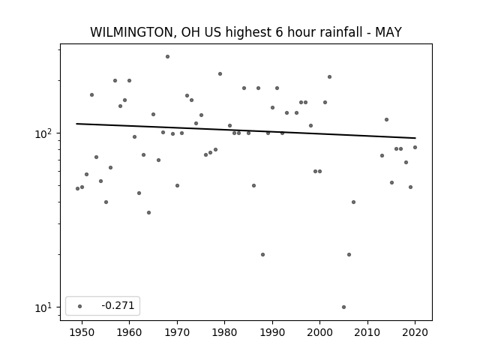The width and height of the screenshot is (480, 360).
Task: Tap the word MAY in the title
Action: click(x=388, y=32)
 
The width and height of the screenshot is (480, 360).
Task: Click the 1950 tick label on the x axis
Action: click(x=82, y=332)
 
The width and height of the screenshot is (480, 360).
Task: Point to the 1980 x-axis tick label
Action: click(x=224, y=332)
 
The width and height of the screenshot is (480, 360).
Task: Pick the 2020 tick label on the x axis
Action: click(x=415, y=332)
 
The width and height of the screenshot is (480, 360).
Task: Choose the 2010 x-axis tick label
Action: click(x=367, y=332)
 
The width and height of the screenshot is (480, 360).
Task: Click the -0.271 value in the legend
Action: click(x=118, y=305)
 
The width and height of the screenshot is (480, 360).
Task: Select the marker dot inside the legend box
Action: click(x=80, y=306)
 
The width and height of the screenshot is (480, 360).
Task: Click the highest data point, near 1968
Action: click(x=167, y=57)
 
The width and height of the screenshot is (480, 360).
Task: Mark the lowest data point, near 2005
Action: click(x=343, y=307)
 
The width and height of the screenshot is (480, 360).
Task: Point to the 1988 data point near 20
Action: click(x=262, y=255)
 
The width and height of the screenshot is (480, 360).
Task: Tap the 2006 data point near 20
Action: click(x=349, y=255)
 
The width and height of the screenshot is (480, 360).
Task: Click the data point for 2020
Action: click(x=415, y=147)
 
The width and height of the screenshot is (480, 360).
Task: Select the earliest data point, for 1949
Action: click(x=77, y=188)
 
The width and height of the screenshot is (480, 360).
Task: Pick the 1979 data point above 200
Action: click(x=220, y=73)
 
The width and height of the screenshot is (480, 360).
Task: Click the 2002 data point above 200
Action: click(x=329, y=76)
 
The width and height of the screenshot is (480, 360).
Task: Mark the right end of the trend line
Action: click(x=415, y=138)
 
